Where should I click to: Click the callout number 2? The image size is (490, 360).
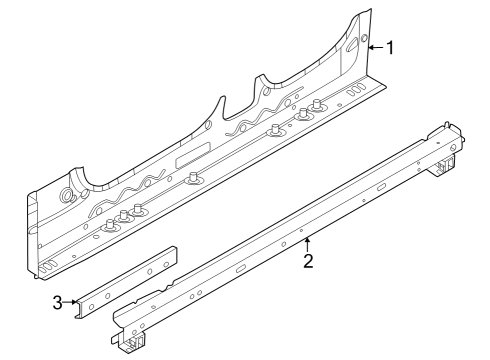pyautogui.click(x=308, y=262)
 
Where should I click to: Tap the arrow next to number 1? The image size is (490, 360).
pyautogui.click(x=373, y=47)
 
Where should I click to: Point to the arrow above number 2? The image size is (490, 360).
pyautogui.click(x=308, y=243)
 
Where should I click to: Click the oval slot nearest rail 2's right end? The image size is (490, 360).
pyautogui.click(x=381, y=187)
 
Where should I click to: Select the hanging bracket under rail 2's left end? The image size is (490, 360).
pyautogui.click(x=127, y=343)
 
